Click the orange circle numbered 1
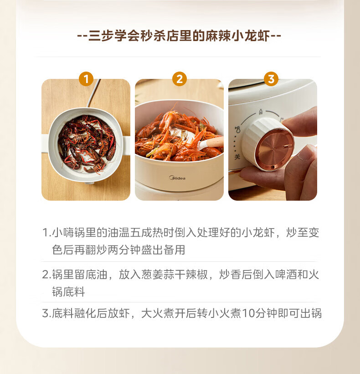tap(86, 79)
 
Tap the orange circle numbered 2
tap(180, 79)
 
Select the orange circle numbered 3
tap(271, 79)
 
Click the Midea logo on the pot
tap(177, 178)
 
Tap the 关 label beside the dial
tap(237, 157)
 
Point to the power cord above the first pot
tap(94, 93)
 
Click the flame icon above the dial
tap(261, 112)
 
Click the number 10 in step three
tap(248, 313)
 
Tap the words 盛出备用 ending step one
tap(163, 250)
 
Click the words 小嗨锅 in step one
tap(69, 232)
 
